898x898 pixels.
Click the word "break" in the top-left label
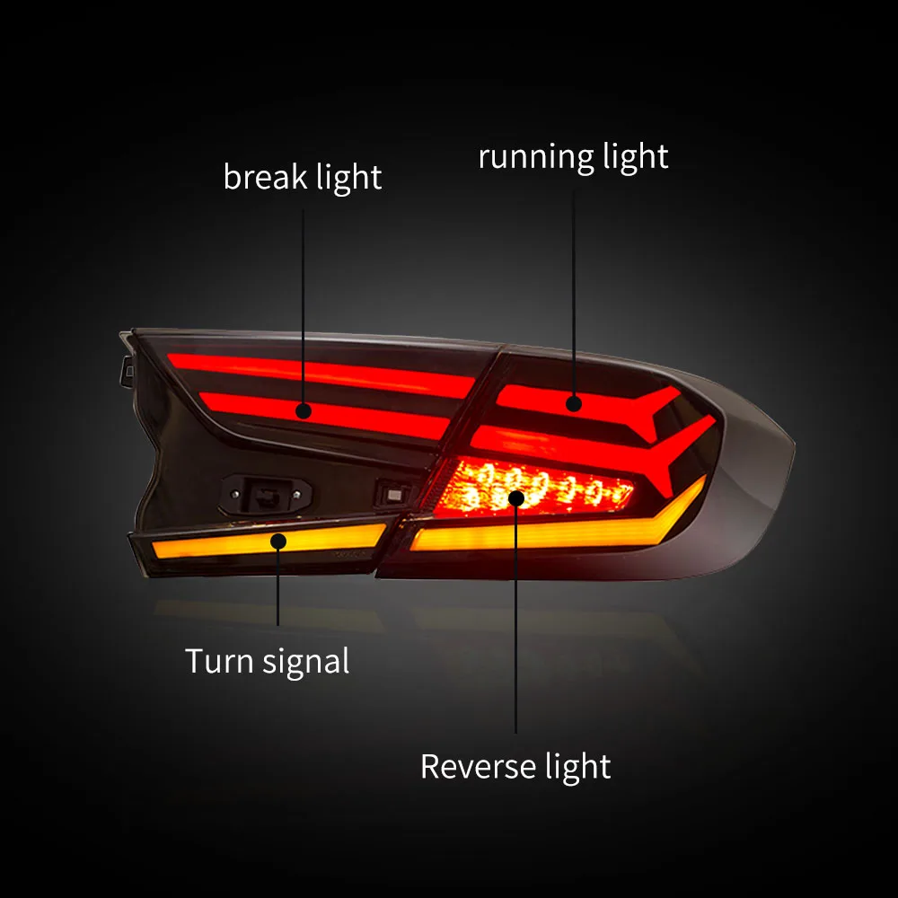266,176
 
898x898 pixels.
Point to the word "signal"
306,663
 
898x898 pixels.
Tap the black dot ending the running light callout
574,404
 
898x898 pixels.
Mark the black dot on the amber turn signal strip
278,541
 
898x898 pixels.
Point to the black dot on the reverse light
516,497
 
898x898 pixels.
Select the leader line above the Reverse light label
516,629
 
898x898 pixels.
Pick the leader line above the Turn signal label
278,588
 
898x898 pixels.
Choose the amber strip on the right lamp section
539,533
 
